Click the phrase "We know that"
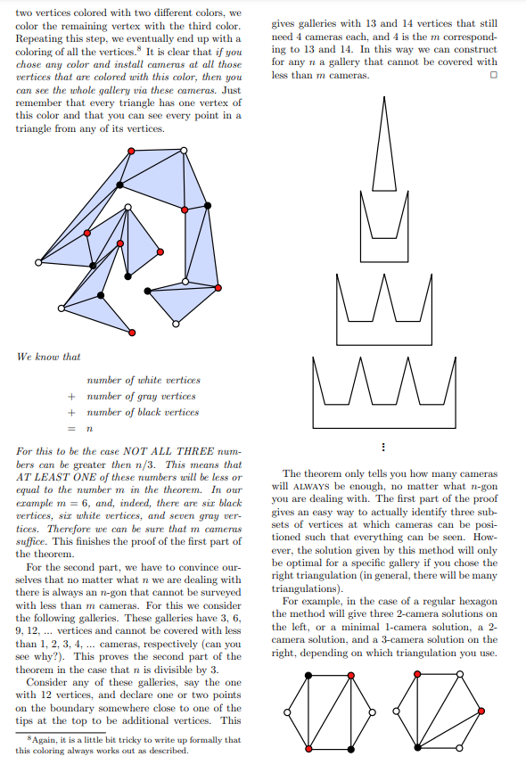(x=48, y=357)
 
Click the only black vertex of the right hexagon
(x=417, y=746)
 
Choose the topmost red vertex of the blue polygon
(x=132, y=152)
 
